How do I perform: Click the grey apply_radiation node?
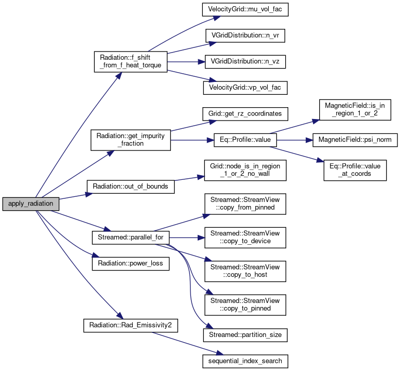pyautogui.click(x=30, y=204)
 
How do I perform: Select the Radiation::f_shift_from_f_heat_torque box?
pyautogui.click(x=130, y=61)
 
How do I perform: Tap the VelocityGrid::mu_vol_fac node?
pyautogui.click(x=245, y=9)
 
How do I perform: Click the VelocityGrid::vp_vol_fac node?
pyautogui.click(x=245, y=88)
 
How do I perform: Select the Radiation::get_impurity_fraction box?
pyautogui.click(x=130, y=140)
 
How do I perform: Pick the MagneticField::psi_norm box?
pyautogui.click(x=352, y=140)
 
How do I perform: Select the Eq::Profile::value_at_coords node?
pyautogui.click(x=355, y=170)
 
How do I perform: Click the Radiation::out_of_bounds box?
pyautogui.click(x=130, y=186)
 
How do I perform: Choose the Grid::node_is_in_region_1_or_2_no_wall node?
pyautogui.click(x=245, y=170)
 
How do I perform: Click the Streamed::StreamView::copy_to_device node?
pyautogui.click(x=245, y=238)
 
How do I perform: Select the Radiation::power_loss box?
pyautogui.click(x=130, y=263)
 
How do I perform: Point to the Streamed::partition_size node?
pyautogui.click(x=245, y=335)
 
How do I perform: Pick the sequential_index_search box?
pyautogui.click(x=245, y=361)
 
